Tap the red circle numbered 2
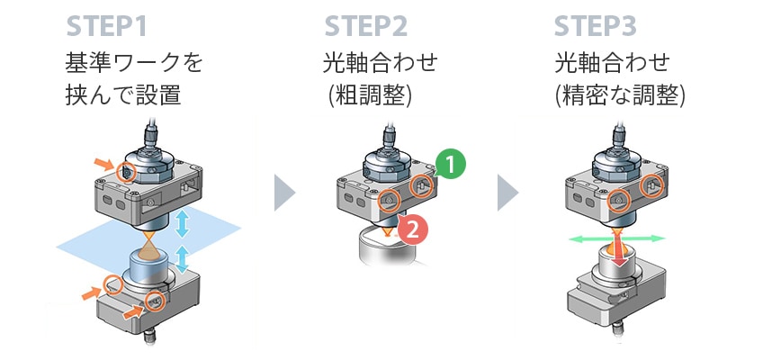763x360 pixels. (x=411, y=230)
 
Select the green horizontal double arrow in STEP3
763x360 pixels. (x=617, y=238)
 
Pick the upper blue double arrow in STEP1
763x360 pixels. (x=182, y=221)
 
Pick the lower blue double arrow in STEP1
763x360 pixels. (x=182, y=258)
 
